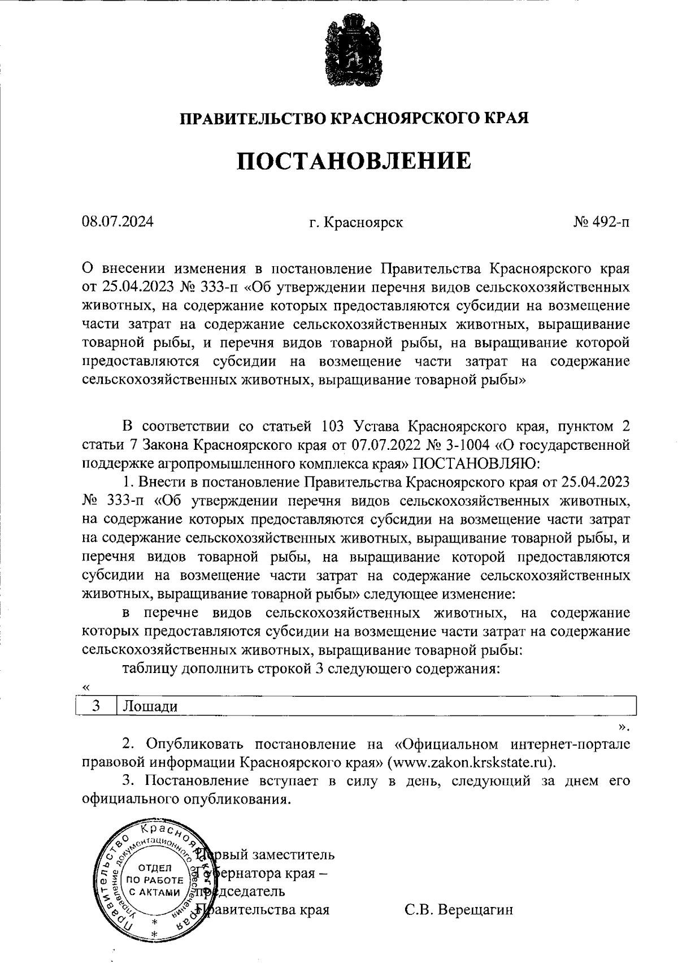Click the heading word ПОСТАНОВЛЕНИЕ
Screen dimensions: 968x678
pyautogui.click(x=353, y=161)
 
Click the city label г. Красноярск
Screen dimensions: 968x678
pyautogui.click(x=356, y=223)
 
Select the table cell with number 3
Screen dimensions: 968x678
pyautogui.click(x=96, y=706)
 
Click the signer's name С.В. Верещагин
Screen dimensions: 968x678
pyautogui.click(x=459, y=910)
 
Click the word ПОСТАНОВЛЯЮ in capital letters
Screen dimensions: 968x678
pyautogui.click(x=477, y=464)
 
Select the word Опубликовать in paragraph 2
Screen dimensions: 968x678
pyautogui.click(x=190, y=744)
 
